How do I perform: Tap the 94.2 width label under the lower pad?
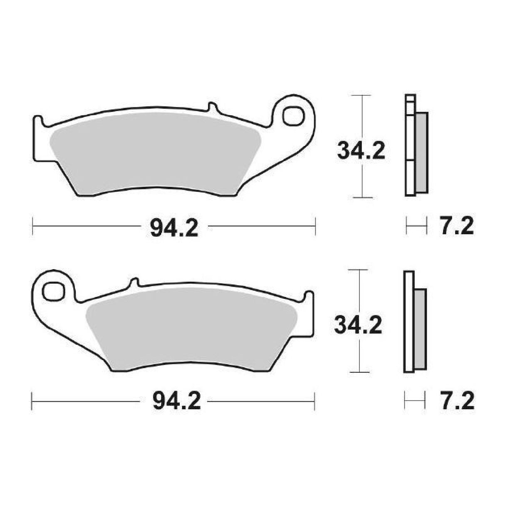pyautogui.click(x=176, y=401)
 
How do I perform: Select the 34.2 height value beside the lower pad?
pyautogui.click(x=358, y=325)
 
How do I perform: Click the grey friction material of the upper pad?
pyautogui.click(x=154, y=154)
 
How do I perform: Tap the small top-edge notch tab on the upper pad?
pyautogui.click(x=212, y=108)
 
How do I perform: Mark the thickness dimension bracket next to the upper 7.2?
pyautogui.click(x=416, y=227)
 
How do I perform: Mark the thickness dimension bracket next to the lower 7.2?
pyautogui.click(x=415, y=401)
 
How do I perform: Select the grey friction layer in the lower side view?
pyautogui.click(x=420, y=328)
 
